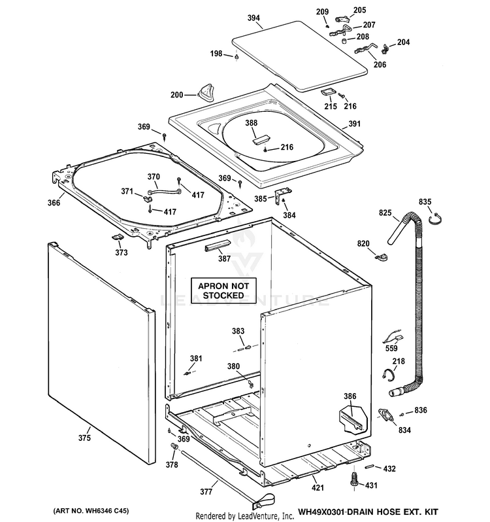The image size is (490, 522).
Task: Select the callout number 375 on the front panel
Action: coord(84,438)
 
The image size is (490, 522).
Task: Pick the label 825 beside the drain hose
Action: coord(384,213)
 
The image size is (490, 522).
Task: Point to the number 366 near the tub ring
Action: coord(54,203)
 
